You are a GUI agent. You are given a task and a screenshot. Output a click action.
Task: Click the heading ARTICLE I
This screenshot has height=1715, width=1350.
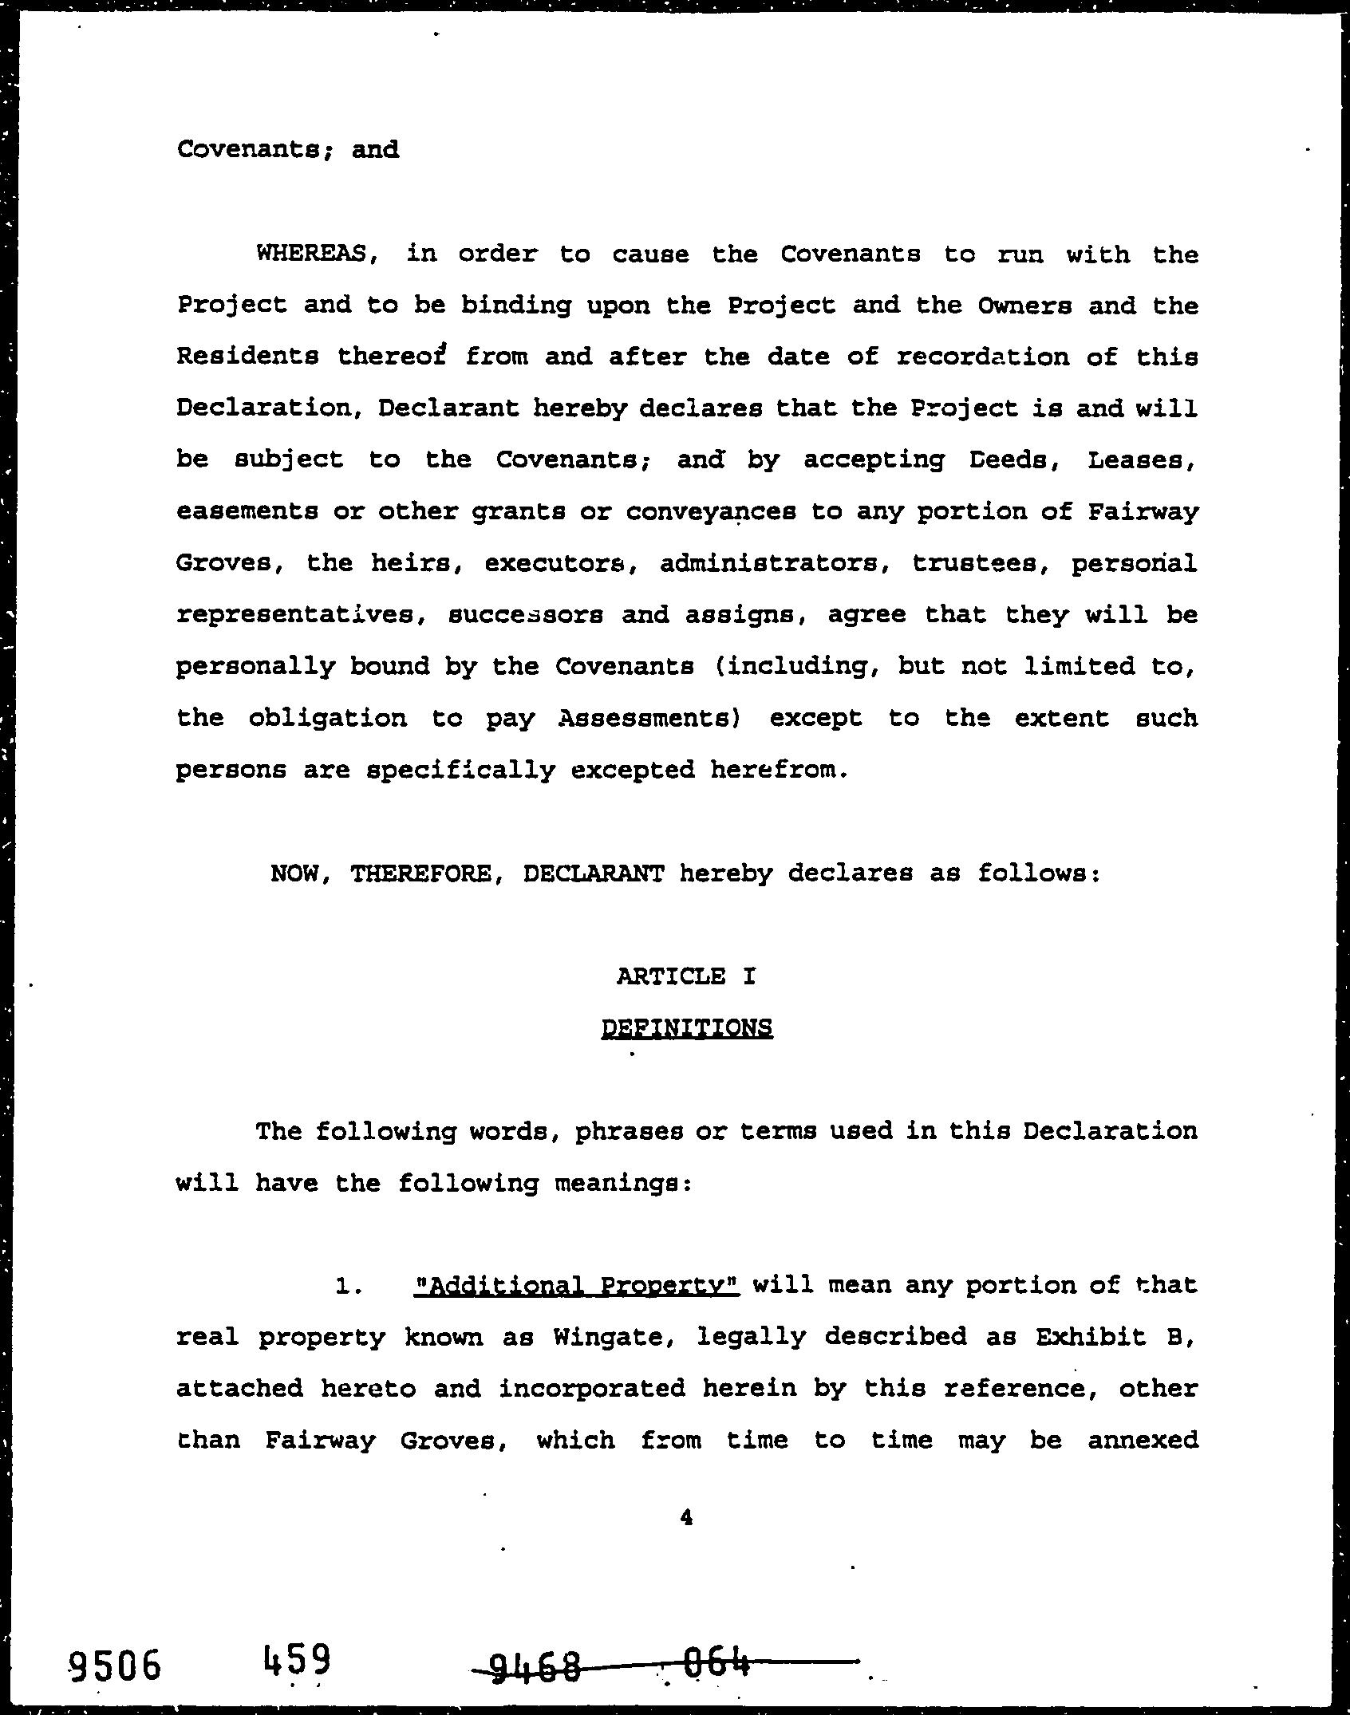(685, 976)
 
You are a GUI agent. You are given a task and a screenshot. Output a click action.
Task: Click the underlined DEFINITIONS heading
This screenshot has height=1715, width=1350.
(686, 1027)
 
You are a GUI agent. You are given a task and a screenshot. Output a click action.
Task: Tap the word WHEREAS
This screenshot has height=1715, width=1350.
(311, 254)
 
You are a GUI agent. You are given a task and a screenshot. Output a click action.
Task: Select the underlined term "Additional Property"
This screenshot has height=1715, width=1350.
(578, 1285)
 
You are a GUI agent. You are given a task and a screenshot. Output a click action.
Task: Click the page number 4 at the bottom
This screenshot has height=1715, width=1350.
(686, 1518)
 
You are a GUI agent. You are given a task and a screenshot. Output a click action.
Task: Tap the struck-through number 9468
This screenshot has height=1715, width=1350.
(535, 1666)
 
